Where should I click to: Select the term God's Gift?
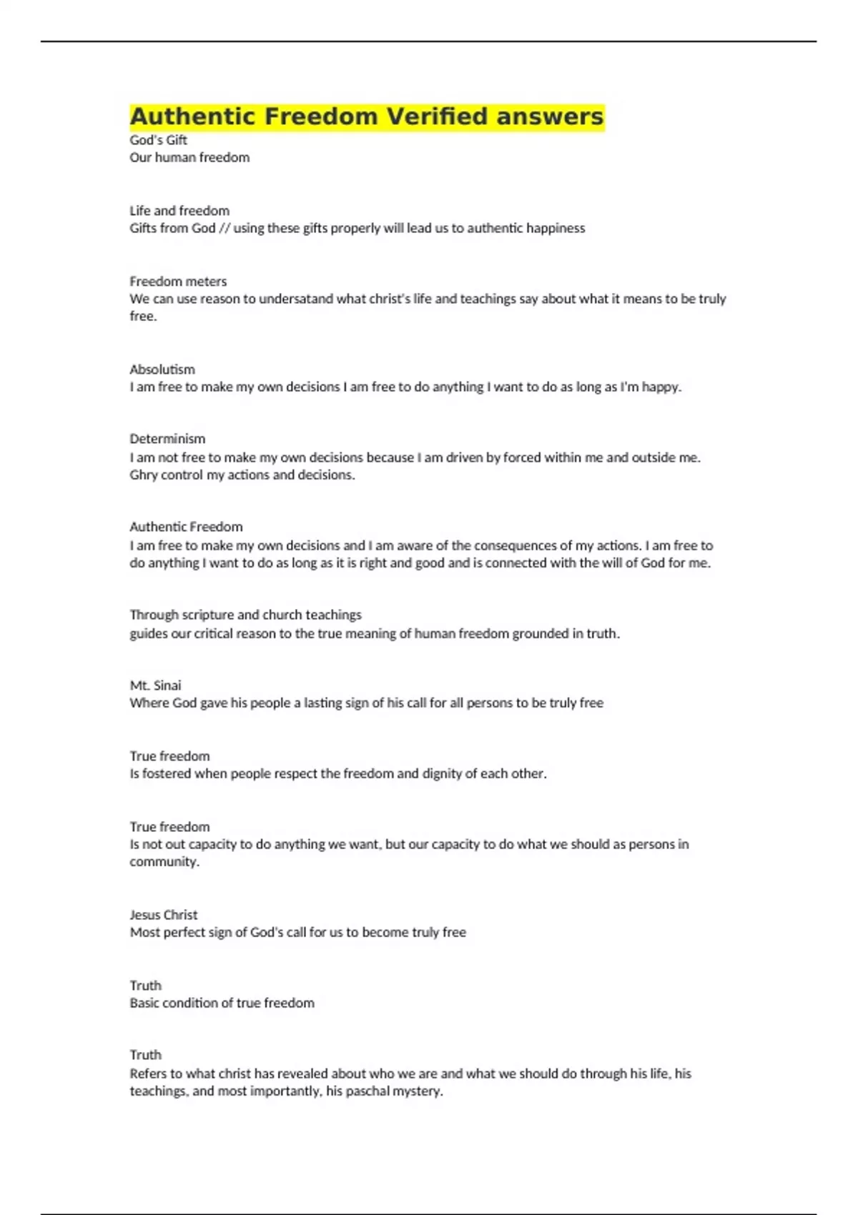[158, 140]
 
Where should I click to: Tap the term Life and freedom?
[179, 211]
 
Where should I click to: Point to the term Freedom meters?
[178, 282]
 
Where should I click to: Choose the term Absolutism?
[162, 370]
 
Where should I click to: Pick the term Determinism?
[167, 439]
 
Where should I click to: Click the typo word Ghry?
[143, 475]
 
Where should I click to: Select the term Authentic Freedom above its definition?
[186, 527]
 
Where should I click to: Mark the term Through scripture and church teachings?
[245, 615]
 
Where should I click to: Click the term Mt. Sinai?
[155, 685]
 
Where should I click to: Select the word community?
[164, 862]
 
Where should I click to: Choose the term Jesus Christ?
[164, 915]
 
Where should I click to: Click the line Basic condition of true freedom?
[222, 1003]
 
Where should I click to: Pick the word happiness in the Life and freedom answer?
[556, 228]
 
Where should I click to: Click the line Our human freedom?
[189, 157]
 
